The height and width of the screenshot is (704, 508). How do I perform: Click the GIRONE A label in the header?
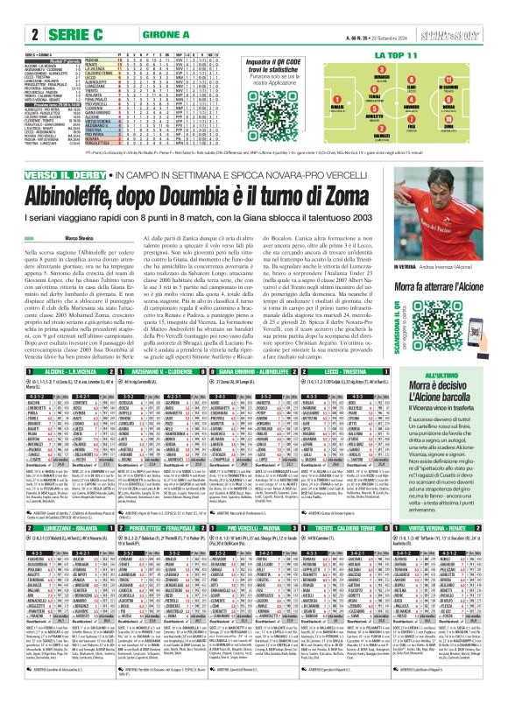pos(126,36)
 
